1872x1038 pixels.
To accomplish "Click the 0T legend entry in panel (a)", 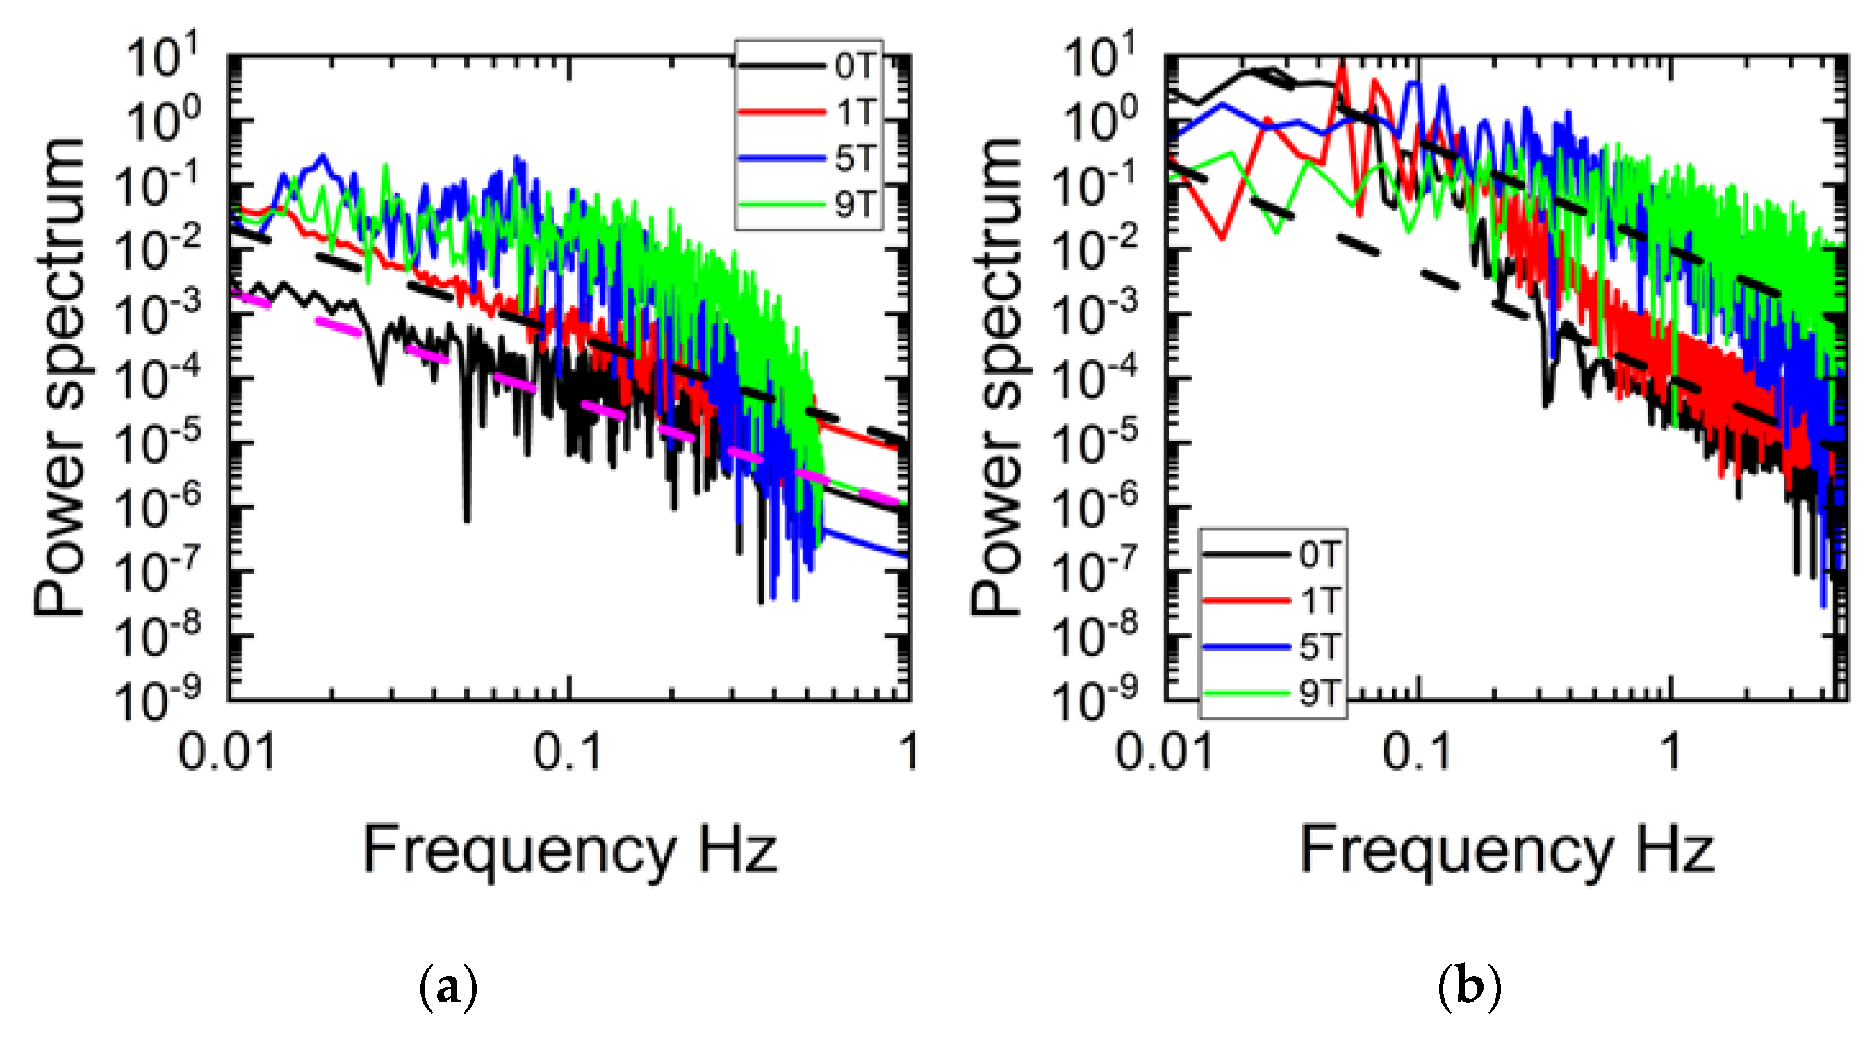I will pyautogui.click(x=854, y=66).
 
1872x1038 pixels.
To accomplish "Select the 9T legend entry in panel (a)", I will pyautogui.click(x=854, y=204).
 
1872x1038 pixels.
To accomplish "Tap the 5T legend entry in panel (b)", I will pyautogui.click(x=1319, y=645).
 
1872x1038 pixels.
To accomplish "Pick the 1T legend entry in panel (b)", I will pyautogui.click(x=1319, y=600).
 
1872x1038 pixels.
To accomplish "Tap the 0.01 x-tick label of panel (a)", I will pyautogui.click(x=227, y=751).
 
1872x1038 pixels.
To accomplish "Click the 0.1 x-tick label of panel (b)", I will pyautogui.click(x=1416, y=751).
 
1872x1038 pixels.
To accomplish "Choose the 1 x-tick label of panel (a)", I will pyautogui.click(x=908, y=751).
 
